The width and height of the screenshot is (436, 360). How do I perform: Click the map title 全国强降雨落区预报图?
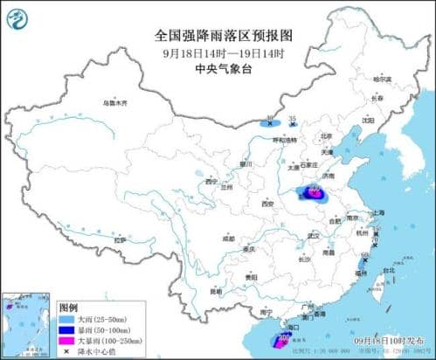click(218, 36)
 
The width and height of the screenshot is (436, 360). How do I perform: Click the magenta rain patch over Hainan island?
click(284, 339)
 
